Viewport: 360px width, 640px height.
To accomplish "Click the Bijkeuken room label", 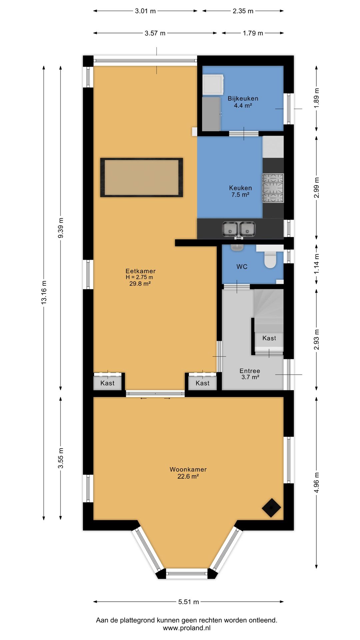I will [243, 99].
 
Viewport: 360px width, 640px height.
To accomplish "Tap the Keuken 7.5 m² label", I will [240, 191].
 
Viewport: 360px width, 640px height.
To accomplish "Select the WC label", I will [242, 267].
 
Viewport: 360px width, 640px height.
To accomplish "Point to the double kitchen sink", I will [239, 229].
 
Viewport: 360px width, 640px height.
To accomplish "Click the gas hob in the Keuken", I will [273, 188].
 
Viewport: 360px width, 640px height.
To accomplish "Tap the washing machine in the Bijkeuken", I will [213, 85].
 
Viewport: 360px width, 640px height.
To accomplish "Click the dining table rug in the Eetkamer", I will [142, 177].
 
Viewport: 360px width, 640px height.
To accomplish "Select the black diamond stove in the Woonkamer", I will [271, 508].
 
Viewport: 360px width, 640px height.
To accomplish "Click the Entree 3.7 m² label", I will [250, 374].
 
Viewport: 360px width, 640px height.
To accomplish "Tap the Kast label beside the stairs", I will [269, 338].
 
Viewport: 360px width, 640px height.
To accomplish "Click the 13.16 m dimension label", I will [44, 292].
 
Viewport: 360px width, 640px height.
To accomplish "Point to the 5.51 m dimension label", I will [188, 602].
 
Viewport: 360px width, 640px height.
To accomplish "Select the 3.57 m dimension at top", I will [155, 33].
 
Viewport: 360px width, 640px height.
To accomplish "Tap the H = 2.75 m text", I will [139, 277].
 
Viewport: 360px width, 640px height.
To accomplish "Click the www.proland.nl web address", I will [187, 628].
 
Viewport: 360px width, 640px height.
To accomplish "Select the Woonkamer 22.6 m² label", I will [188, 473].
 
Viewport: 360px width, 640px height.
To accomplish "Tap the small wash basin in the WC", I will [237, 247].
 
